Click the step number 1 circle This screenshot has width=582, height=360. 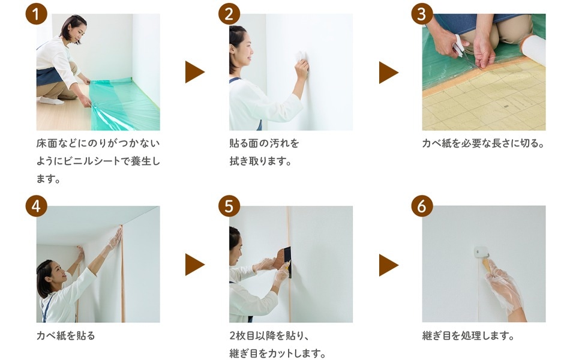pos(36,14)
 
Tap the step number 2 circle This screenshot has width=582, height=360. pos(229,14)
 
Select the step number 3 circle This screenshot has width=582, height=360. pos(422,14)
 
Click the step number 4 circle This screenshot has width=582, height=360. pos(36,206)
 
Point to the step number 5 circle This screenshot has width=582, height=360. pos(229,206)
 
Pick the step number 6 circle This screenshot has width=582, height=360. pos(422,206)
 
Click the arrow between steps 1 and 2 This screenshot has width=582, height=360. pos(194,72)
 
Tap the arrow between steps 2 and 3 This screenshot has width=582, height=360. pos(388,73)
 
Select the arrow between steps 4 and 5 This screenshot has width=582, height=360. pos(194,265)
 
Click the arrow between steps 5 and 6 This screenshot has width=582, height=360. pos(388,265)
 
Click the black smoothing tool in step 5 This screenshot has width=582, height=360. pos(287,262)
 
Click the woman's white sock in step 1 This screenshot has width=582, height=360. pos(51,100)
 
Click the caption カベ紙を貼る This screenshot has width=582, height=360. pos(65,335)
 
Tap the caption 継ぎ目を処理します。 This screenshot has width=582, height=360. pos(469,335)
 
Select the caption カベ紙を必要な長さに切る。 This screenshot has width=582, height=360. pos(483,143)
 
